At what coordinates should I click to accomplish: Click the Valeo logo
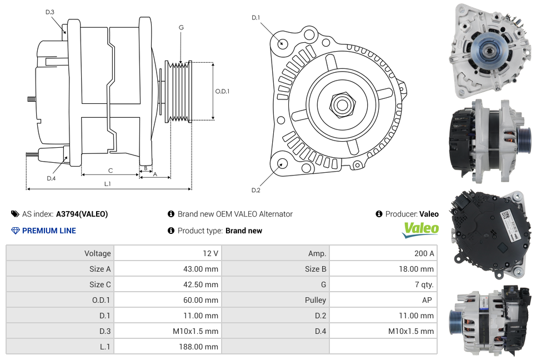point(420,230)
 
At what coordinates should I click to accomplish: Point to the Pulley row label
point(315,300)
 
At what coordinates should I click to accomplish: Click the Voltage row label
point(97,253)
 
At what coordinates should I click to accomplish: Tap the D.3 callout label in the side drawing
point(50,12)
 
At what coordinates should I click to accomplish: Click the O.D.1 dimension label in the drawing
point(222,91)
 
